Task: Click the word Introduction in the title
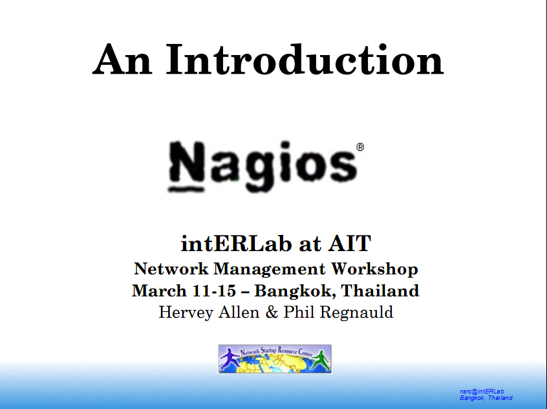click(x=305, y=60)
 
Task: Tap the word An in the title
click(x=122, y=60)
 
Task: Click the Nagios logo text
click(x=263, y=166)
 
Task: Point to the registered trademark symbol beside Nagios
click(x=360, y=147)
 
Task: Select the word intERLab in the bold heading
click(x=236, y=243)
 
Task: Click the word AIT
click(x=349, y=243)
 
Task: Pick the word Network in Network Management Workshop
click(x=171, y=269)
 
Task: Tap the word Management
click(x=270, y=269)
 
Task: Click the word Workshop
click(x=374, y=269)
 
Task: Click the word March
click(x=159, y=291)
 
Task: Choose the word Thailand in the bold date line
click(x=380, y=291)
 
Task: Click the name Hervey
click(x=186, y=313)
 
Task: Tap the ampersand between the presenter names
click(x=272, y=313)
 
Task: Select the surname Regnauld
click(x=356, y=313)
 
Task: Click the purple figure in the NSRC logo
click(x=230, y=359)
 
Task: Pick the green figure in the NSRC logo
click(x=320, y=360)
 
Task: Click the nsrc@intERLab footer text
click(x=482, y=392)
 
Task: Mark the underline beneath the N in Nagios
click(x=186, y=190)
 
